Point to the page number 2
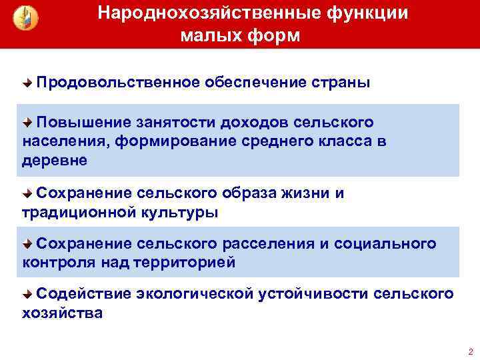(471, 351)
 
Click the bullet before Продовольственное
(27, 83)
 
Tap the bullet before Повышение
(27, 123)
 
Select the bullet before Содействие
(27, 294)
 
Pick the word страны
(341, 83)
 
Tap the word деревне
(54, 161)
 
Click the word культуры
(180, 213)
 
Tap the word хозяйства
(63, 313)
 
